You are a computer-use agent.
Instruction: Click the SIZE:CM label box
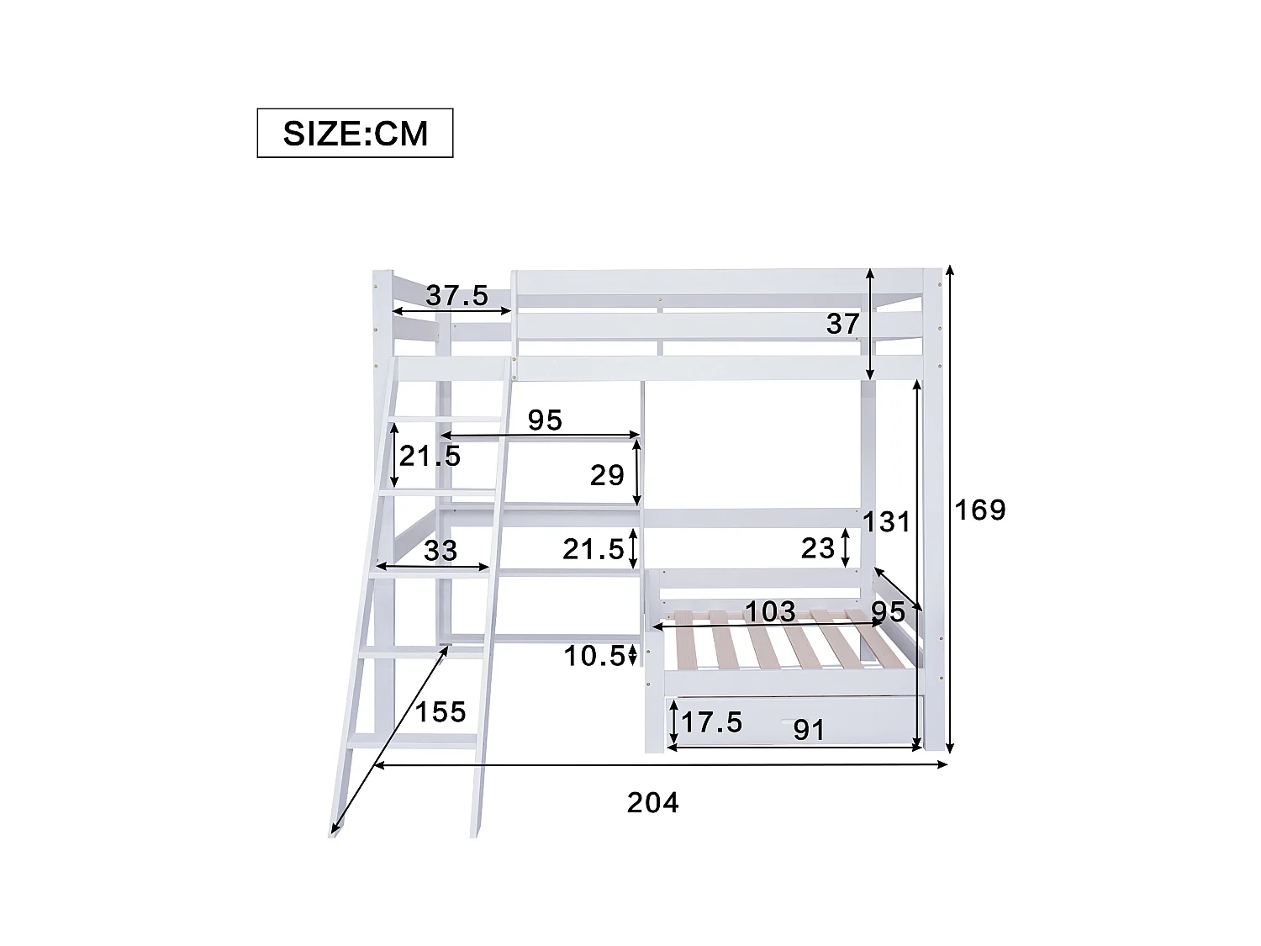pyautogui.click(x=355, y=133)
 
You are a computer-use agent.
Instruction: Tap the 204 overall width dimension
pyautogui.click(x=652, y=803)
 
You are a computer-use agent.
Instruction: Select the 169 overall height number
pyautogui.click(x=979, y=510)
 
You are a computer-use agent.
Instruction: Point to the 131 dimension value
pyautogui.click(x=886, y=522)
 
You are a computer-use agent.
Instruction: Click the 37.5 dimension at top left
pyautogui.click(x=456, y=296)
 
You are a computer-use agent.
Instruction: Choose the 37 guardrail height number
pyautogui.click(x=842, y=324)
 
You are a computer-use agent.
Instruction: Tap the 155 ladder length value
pyautogui.click(x=441, y=712)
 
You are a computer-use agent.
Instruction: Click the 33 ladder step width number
pyautogui.click(x=441, y=551)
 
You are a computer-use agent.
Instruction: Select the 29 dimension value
pyautogui.click(x=606, y=476)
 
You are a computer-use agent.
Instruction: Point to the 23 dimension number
pyautogui.click(x=818, y=548)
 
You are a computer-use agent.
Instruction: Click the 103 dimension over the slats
pyautogui.click(x=770, y=611)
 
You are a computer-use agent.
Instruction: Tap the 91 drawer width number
pyautogui.click(x=809, y=730)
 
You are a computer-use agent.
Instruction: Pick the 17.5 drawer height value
pyautogui.click(x=711, y=722)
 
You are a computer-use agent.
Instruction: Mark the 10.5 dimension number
pyautogui.click(x=594, y=656)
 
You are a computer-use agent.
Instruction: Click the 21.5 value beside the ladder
pyautogui.click(x=430, y=457)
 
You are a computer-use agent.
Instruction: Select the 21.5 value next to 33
pyautogui.click(x=594, y=550)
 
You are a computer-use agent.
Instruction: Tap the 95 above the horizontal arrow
pyautogui.click(x=545, y=420)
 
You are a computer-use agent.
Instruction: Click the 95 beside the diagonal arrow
pyautogui.click(x=888, y=611)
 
